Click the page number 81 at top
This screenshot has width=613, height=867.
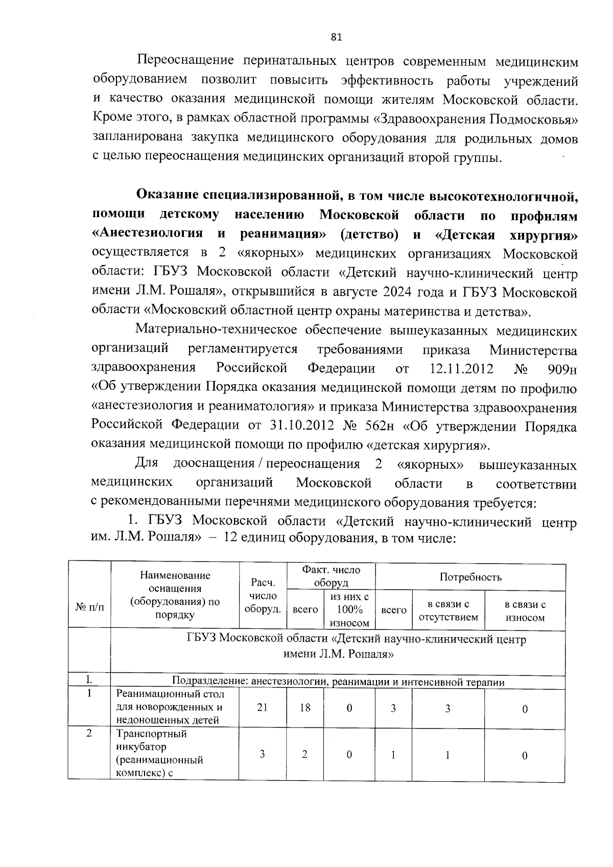(x=336, y=37)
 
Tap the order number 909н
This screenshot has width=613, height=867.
(x=561, y=369)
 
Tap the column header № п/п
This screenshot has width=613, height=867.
(x=89, y=607)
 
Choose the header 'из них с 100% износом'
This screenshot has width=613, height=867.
(x=349, y=610)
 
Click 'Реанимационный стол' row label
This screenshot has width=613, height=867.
(x=170, y=694)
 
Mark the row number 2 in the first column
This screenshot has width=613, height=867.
(x=89, y=733)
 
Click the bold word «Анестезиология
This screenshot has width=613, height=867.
(x=147, y=235)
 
